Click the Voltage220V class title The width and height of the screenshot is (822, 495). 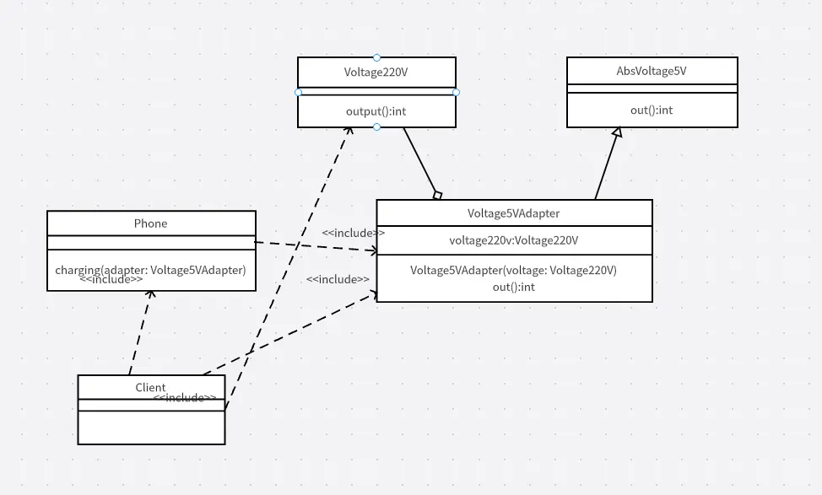coord(376,72)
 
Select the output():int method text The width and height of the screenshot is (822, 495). coord(376,110)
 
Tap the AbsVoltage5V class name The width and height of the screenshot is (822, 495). coord(652,71)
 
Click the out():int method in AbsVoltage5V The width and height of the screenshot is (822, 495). coord(652,110)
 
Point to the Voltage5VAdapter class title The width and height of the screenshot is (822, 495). coord(513,213)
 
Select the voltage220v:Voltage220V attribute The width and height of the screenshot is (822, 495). coord(513,240)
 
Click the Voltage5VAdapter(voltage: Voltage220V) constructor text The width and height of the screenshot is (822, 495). coord(513,271)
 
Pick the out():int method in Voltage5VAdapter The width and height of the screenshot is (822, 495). coord(513,287)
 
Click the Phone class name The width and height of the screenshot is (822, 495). coord(150,223)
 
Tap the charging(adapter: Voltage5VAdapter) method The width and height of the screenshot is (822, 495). coord(150,270)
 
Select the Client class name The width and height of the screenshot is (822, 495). coord(150,388)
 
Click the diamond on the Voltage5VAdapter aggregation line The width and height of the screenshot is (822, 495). coord(437,196)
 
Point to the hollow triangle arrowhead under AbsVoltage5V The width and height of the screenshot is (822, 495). coord(617,132)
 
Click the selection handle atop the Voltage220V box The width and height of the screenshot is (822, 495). coord(376,57)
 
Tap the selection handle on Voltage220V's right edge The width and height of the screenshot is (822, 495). coord(456,92)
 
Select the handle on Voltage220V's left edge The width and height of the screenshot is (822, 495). coord(298,92)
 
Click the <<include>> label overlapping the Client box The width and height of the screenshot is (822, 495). coord(185,398)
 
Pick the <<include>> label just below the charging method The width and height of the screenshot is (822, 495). coord(111,280)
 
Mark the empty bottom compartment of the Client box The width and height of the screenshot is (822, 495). coord(151,427)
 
